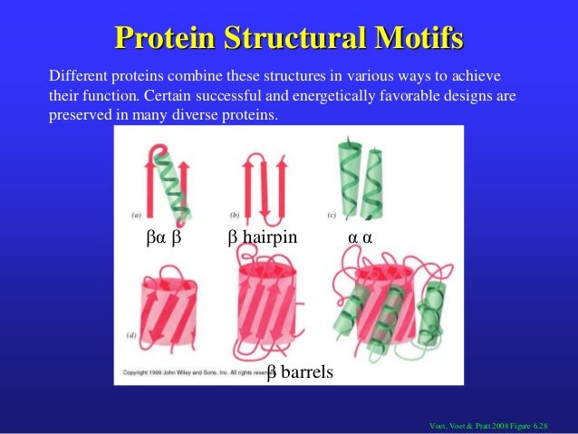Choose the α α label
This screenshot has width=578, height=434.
tap(361, 238)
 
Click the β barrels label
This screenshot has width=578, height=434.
tap(300, 372)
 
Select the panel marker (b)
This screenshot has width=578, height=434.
tap(235, 216)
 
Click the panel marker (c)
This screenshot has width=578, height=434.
tap(331, 216)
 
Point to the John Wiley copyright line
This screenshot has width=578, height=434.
tap(195, 373)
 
